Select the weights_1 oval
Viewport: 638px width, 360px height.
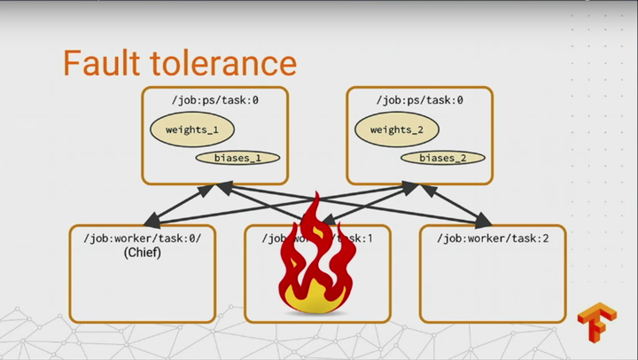[191, 129]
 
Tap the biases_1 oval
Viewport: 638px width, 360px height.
[237, 158]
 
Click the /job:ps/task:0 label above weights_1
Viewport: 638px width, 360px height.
[214, 100]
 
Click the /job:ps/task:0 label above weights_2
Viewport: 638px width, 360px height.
[419, 100]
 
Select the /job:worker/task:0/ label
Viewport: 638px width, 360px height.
[143, 239]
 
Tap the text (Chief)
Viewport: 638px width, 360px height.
[142, 253]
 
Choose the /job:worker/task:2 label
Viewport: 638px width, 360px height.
[492, 239]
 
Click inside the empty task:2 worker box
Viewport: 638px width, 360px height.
[492, 284]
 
